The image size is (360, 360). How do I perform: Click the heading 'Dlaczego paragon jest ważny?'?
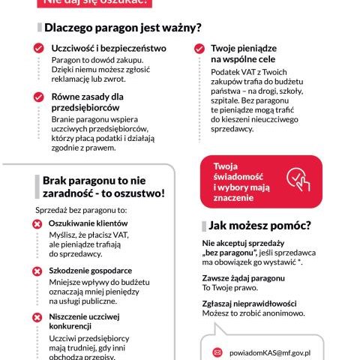pos(122,28)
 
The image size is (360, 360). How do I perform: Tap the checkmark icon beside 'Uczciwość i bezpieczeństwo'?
pos(39,48)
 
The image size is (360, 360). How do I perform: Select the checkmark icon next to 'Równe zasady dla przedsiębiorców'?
pos(39,97)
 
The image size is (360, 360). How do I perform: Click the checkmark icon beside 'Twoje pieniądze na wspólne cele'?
pos(199,48)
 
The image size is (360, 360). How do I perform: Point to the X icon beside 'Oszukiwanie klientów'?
pos(37,224)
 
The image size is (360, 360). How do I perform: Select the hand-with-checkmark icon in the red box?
pos(298,178)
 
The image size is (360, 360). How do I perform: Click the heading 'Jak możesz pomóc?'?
pos(260,225)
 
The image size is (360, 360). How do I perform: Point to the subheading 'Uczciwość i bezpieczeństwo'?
pos(108,48)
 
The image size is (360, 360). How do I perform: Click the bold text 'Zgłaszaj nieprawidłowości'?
pos(250,302)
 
